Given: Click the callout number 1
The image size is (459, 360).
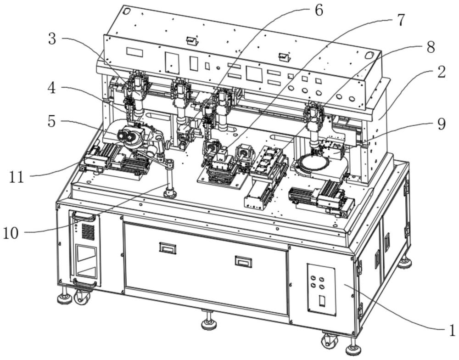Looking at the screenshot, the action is (x=452, y=330).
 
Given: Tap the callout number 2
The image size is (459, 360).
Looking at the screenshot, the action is (x=441, y=72).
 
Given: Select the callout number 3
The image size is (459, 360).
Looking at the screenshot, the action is (x=52, y=39).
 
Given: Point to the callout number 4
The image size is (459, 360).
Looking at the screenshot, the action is (x=51, y=88).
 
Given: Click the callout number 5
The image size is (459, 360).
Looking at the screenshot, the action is (x=51, y=121).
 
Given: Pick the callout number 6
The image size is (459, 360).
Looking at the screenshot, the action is (x=319, y=11).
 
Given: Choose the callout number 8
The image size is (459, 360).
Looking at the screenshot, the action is (x=431, y=47).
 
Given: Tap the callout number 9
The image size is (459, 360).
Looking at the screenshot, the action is (x=441, y=124).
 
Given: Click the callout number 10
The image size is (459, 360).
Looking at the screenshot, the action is (x=11, y=233).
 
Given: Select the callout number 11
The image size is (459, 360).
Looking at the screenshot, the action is (x=16, y=177).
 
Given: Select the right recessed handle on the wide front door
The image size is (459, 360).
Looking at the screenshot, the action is (x=244, y=261).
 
